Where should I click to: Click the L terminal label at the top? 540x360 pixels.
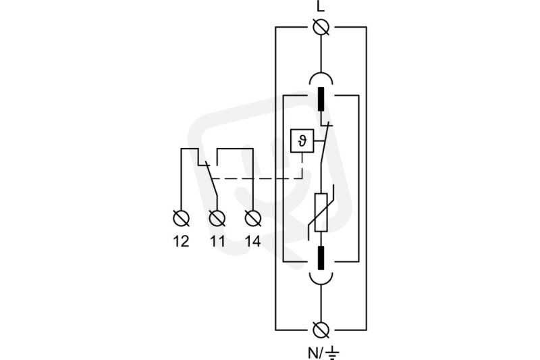tap(321, 7)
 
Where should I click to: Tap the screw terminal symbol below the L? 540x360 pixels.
tap(321, 27)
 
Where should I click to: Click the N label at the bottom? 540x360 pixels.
tap(313, 353)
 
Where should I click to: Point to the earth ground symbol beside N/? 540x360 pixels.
tap(332, 353)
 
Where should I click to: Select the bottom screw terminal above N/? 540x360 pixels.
tap(321, 330)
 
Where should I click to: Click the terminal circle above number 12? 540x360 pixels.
tap(181, 218)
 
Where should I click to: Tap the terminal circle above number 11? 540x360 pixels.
tap(217, 218)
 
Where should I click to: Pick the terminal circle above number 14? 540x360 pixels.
tap(253, 218)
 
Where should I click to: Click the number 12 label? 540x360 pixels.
tap(181, 242)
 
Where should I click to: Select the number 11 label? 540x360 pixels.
tap(217, 242)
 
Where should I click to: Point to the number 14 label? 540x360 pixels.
tap(253, 242)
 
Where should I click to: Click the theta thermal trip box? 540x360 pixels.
tap(302, 140)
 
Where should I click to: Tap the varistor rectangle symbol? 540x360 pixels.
tap(321, 212)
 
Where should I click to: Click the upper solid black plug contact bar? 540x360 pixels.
tap(321, 99)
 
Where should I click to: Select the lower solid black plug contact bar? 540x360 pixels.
tap(321, 258)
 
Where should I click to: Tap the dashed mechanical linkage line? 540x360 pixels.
tap(257, 178)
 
